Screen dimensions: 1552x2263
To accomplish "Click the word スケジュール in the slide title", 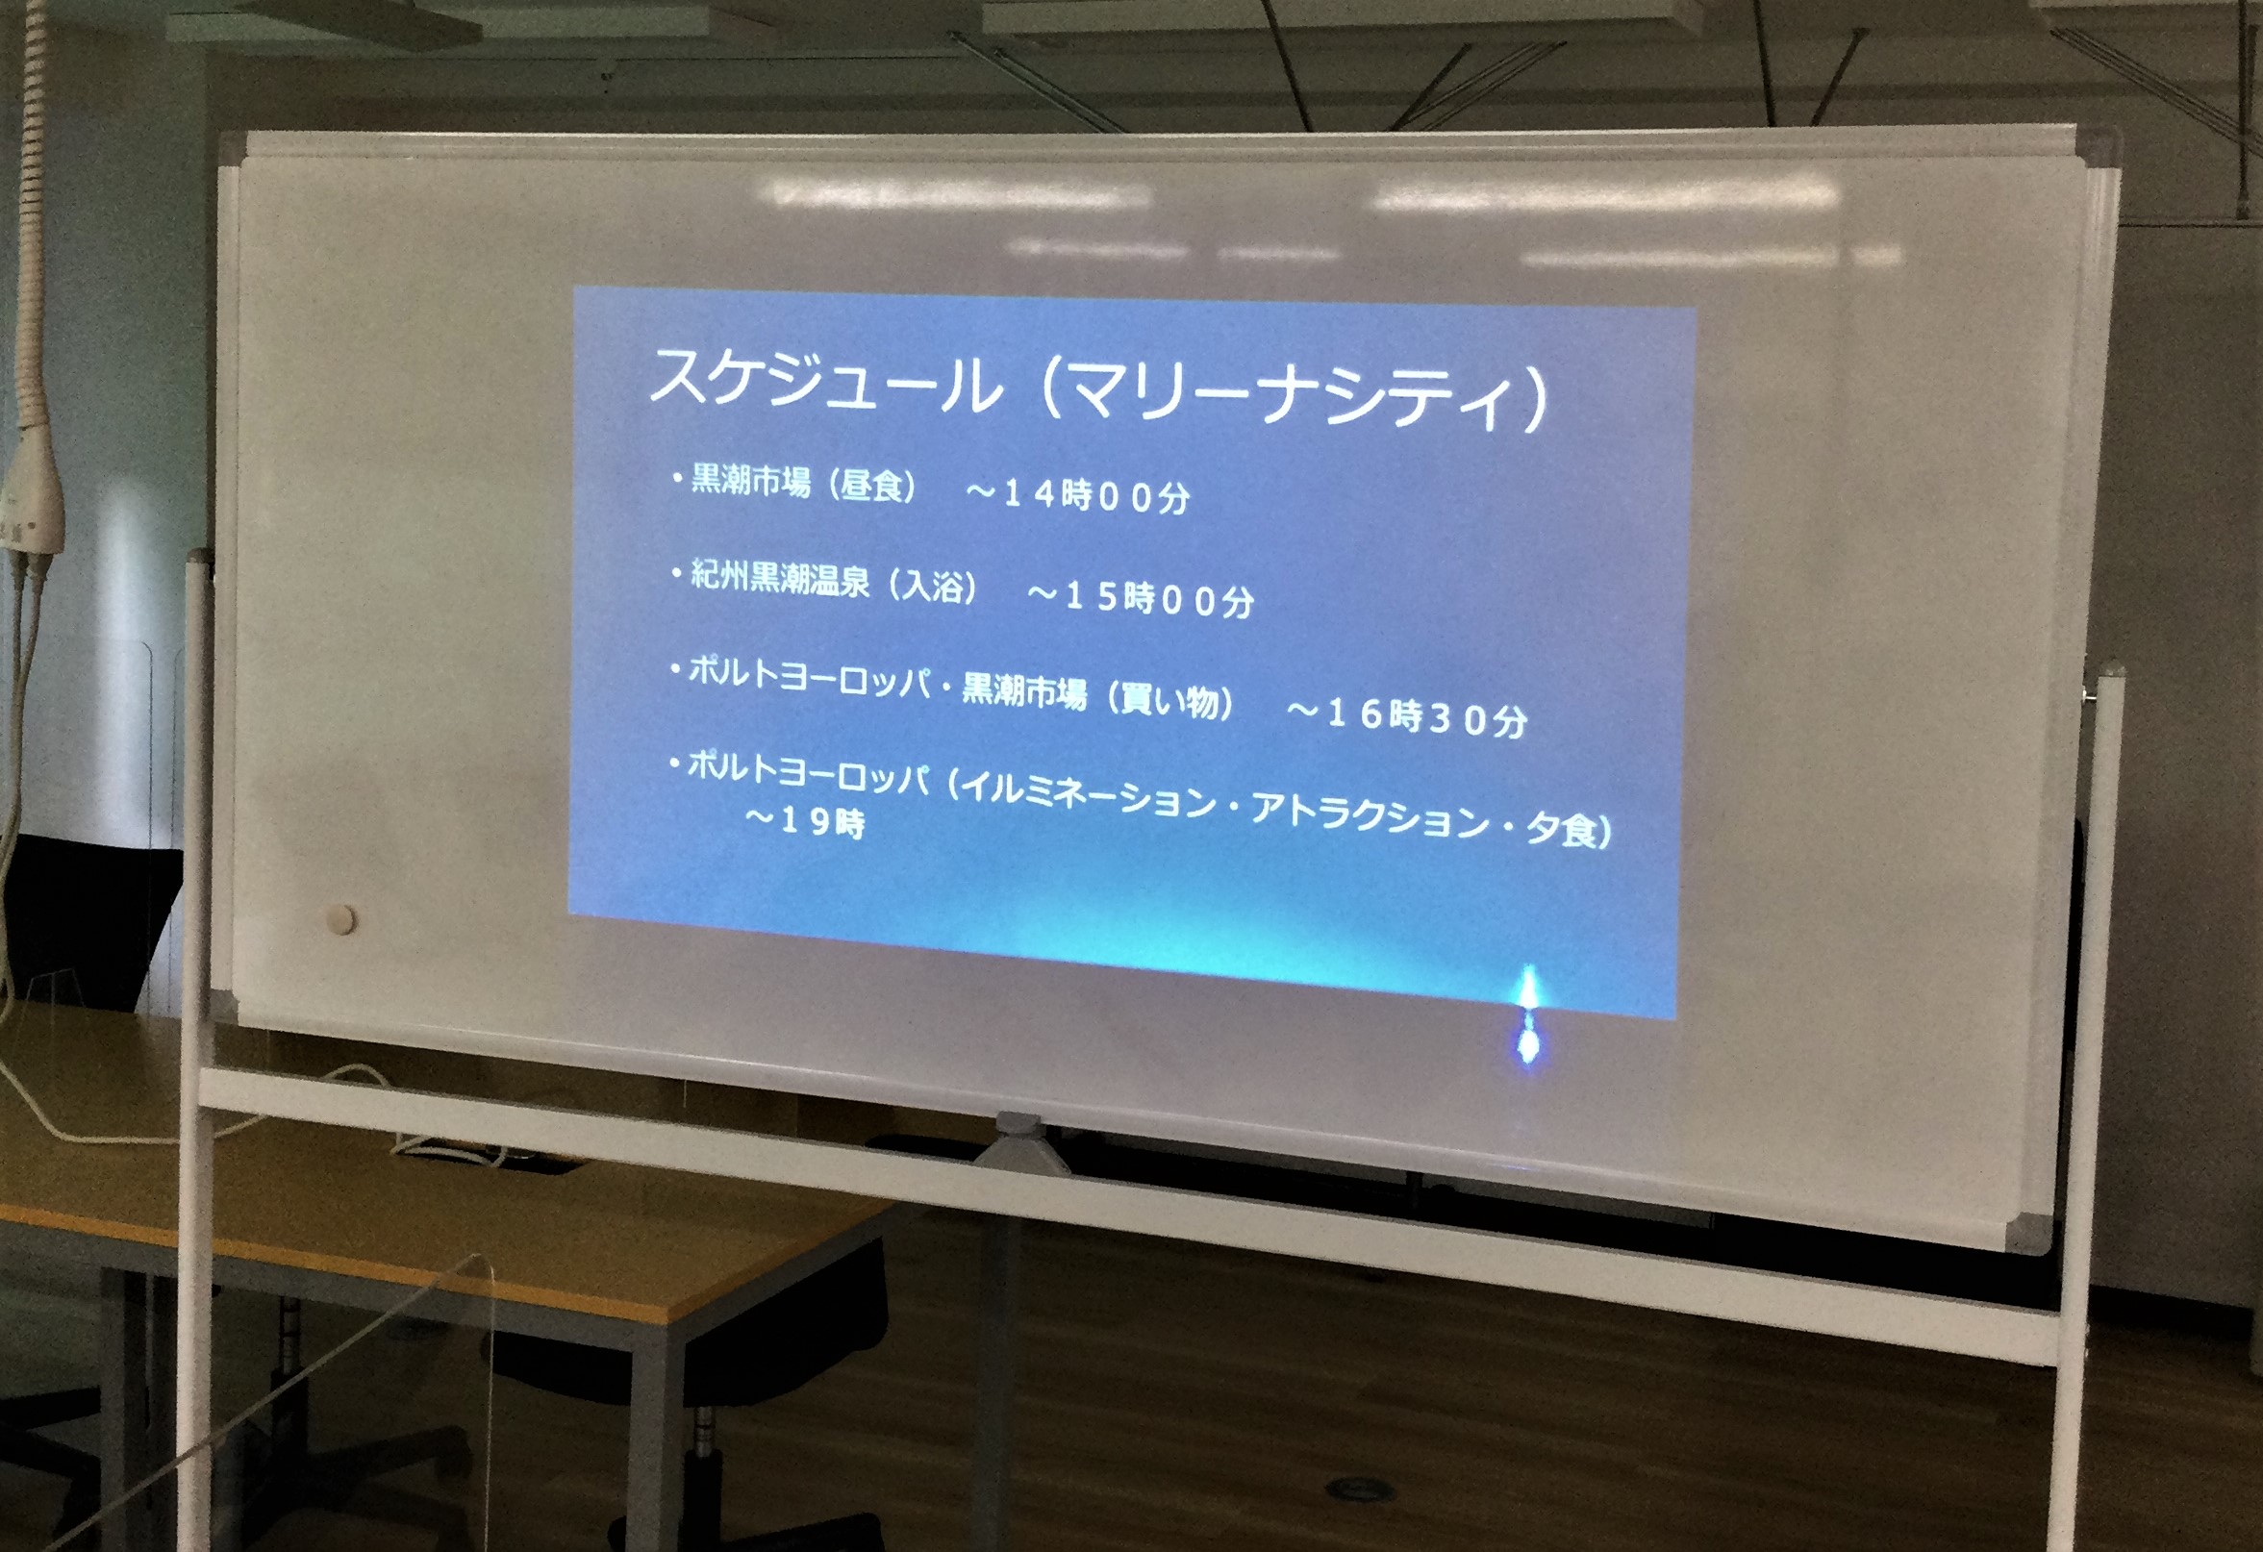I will tap(823, 381).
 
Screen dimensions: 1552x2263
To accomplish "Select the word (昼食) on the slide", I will tap(872, 486).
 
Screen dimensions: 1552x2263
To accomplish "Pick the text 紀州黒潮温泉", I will tap(780, 580).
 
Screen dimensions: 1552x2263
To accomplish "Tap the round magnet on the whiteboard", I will tap(341, 918).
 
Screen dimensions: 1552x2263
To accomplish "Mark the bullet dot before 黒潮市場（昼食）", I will tap(676, 477).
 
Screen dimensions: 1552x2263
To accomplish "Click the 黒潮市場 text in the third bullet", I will tap(1023, 691).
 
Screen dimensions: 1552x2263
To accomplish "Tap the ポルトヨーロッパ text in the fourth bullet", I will tap(809, 774).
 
